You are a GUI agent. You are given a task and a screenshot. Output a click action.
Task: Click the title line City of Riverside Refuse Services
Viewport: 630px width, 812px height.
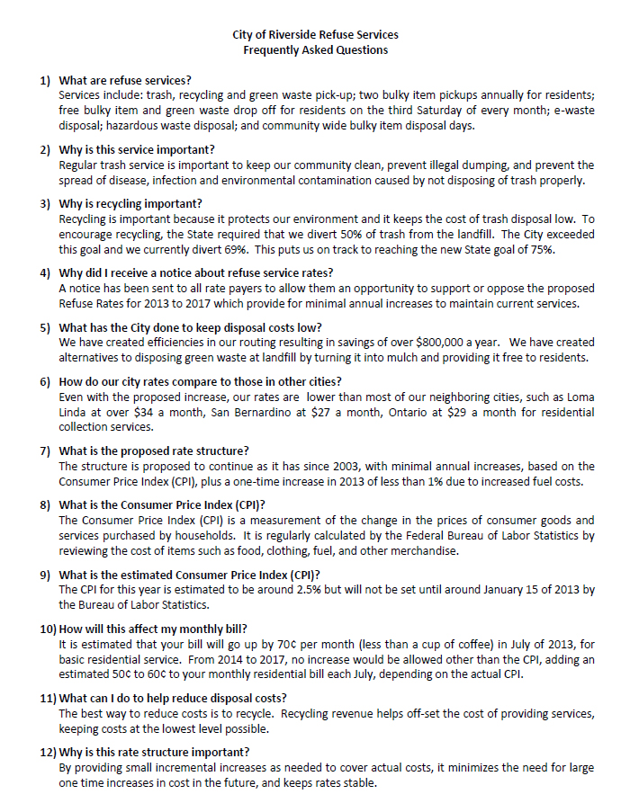pyautogui.click(x=315, y=35)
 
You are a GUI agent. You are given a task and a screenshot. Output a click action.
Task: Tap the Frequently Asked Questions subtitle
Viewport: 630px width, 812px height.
pyautogui.click(x=315, y=50)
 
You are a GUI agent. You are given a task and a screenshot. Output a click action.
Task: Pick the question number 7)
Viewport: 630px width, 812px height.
pyautogui.click(x=46, y=451)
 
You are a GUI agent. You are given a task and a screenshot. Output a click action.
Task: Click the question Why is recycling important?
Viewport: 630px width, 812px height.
pyautogui.click(x=130, y=203)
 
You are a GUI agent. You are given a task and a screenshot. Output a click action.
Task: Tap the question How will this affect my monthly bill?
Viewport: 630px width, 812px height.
pyautogui.click(x=152, y=629)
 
